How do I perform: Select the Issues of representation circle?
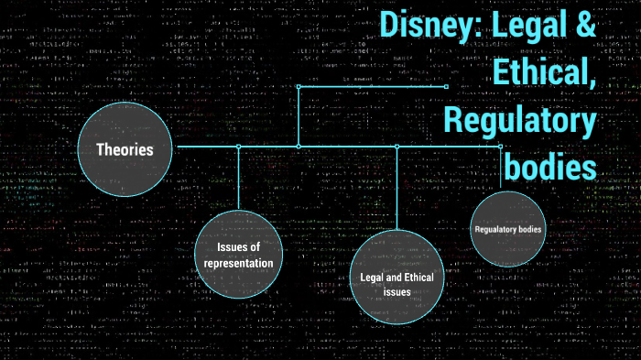[238, 254]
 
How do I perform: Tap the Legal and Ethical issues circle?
[397, 277]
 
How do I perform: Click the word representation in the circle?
[238, 263]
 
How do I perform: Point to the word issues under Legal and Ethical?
[396, 291]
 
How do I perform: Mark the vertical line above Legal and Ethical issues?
[397, 188]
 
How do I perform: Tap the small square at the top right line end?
[446, 87]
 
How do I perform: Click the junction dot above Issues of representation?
[238, 147]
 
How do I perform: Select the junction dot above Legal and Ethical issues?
[397, 147]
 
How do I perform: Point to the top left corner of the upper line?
[299, 87]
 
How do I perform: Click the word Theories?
[125, 148]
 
